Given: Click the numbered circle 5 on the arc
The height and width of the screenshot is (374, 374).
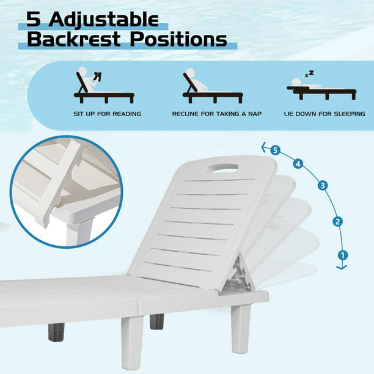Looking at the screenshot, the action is [275, 150].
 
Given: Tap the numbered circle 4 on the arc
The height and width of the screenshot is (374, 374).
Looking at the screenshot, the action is [298, 164].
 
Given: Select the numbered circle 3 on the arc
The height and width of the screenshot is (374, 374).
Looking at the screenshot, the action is [323, 185].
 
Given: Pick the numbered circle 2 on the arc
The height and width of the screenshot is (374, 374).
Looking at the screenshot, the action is [337, 222].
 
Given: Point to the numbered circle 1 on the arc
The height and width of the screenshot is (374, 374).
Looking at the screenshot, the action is [343, 255].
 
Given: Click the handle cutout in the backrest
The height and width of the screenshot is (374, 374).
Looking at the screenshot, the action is [224, 167].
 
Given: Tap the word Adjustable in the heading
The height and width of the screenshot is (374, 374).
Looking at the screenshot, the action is [103, 20].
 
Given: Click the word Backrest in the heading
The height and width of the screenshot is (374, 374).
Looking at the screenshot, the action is [74, 39].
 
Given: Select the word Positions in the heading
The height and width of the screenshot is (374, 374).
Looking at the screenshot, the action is [178, 39].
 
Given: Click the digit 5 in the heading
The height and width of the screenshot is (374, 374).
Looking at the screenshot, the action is [34, 19].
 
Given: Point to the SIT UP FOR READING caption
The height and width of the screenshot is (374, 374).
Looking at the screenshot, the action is [107, 114].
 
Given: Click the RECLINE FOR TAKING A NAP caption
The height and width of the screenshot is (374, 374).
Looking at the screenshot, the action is [217, 114].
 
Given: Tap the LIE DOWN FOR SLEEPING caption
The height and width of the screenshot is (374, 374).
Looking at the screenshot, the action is [324, 114].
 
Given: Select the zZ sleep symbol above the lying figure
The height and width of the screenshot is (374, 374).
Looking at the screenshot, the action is [309, 74].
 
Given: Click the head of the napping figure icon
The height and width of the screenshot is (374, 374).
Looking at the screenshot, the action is [190, 73].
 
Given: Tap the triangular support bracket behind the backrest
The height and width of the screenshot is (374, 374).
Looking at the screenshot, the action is [240, 273].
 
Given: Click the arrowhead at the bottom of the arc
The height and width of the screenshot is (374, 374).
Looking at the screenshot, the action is [342, 267].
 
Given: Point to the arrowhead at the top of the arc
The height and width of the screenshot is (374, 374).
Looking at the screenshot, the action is [264, 147].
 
